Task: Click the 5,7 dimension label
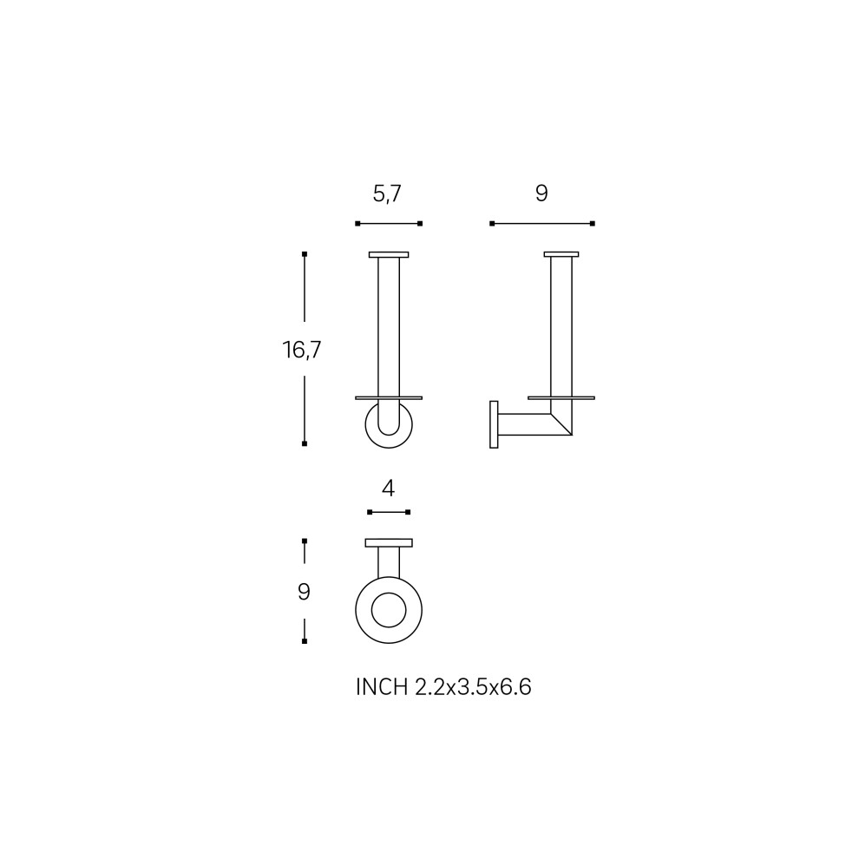click(x=387, y=194)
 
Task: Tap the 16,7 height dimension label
click(x=302, y=350)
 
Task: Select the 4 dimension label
click(x=389, y=489)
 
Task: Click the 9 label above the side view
click(x=541, y=193)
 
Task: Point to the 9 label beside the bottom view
click(x=304, y=592)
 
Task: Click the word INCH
click(x=382, y=687)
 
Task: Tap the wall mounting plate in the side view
click(x=494, y=424)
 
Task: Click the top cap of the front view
click(x=389, y=254)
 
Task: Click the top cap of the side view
click(x=561, y=254)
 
